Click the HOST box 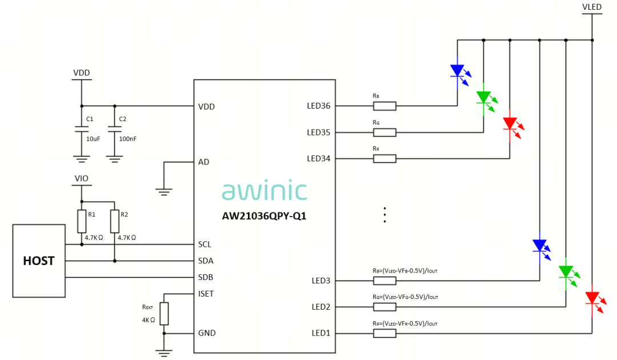(x=39, y=261)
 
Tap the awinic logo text (x=264, y=191)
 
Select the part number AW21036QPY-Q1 (x=264, y=217)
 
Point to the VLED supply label (x=592, y=7)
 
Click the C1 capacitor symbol (x=81, y=130)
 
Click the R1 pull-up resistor (x=81, y=221)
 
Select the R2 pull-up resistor (x=115, y=221)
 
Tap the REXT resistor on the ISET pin (x=165, y=314)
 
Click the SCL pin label (x=205, y=245)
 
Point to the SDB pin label (x=206, y=278)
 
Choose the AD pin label (x=203, y=162)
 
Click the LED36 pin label (x=319, y=106)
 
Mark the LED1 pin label (x=321, y=333)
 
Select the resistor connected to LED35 (x=384, y=133)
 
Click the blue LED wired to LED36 (x=457, y=71)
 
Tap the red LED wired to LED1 (x=592, y=298)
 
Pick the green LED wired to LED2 (x=566, y=272)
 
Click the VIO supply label (x=81, y=178)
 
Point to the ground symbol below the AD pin (x=165, y=192)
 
